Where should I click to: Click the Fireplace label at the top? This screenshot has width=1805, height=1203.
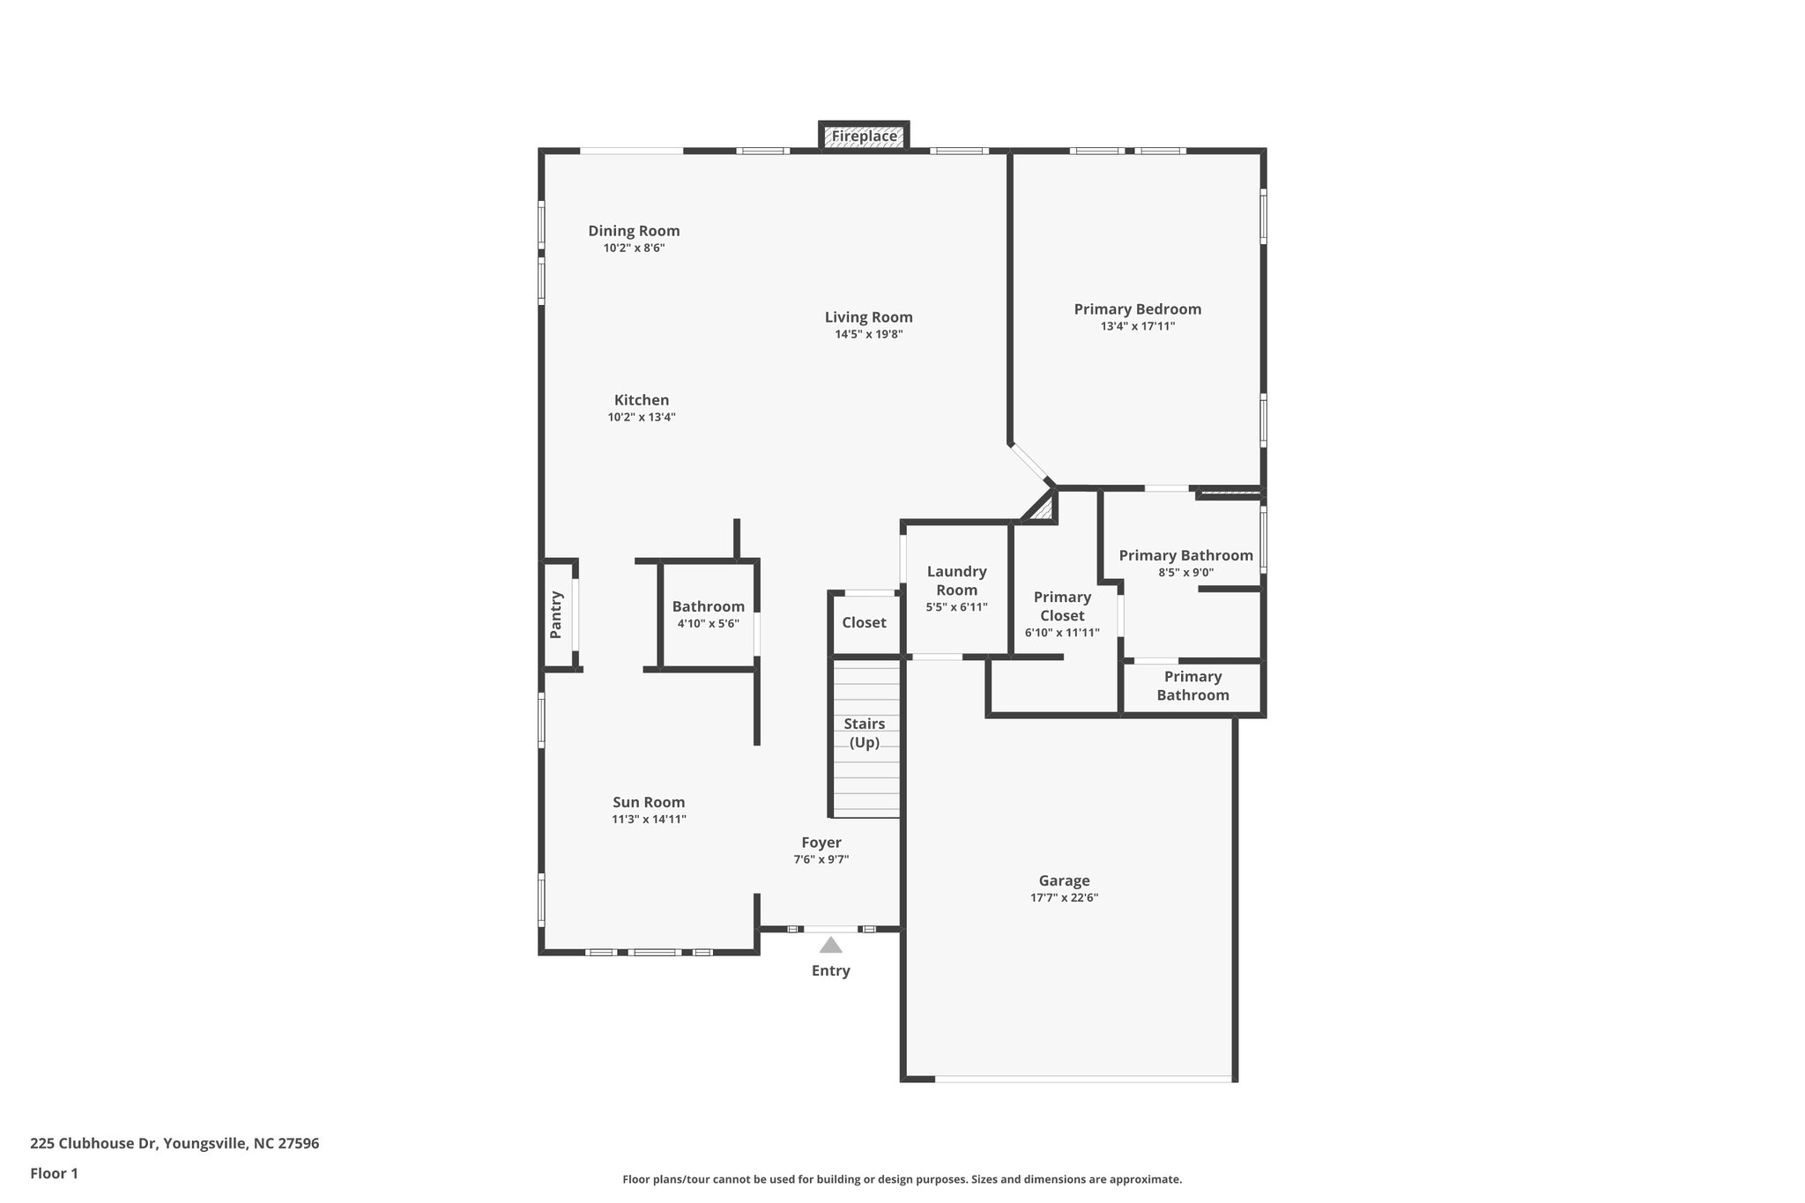tap(864, 137)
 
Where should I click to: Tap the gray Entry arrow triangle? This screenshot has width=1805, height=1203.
tap(830, 946)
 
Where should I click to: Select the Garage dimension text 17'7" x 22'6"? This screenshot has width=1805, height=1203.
tap(1064, 898)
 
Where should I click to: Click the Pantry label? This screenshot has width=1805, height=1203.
tap(556, 614)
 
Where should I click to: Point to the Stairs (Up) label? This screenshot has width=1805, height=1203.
tap(865, 732)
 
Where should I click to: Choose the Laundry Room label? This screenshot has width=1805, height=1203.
tap(956, 581)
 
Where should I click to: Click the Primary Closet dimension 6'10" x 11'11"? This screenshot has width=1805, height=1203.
tap(1062, 633)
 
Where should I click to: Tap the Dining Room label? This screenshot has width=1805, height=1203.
tap(634, 231)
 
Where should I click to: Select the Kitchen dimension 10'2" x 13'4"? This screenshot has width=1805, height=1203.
tap(642, 417)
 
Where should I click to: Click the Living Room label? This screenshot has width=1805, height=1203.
tap(868, 317)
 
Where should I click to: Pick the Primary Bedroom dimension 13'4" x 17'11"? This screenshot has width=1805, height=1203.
tap(1137, 326)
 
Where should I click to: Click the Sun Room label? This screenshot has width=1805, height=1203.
tap(649, 802)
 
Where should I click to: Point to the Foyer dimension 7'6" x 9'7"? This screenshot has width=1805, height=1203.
tap(821, 859)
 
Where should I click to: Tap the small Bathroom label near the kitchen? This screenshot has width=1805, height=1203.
tap(708, 606)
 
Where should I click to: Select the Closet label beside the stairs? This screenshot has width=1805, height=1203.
tap(864, 622)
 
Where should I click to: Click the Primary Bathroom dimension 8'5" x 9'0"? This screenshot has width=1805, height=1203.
tap(1185, 572)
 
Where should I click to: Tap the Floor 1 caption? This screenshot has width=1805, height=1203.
tap(54, 1173)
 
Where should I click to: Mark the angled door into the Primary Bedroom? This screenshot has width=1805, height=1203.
tap(1029, 464)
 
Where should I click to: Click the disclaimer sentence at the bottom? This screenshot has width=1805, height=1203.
tap(902, 1179)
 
